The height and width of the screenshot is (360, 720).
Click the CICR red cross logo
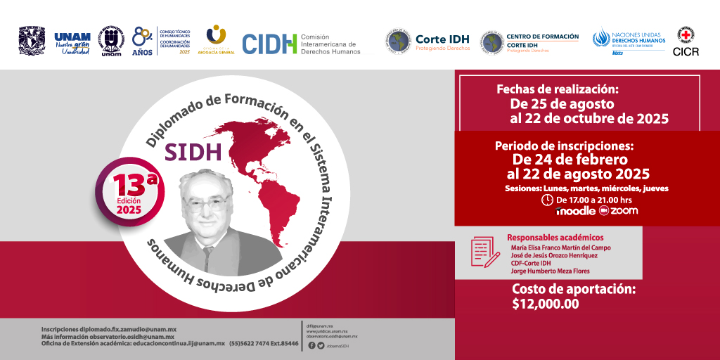click(x=686, y=37)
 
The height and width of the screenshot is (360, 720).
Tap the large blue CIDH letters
click(x=269, y=44)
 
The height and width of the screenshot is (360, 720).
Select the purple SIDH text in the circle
click(x=193, y=151)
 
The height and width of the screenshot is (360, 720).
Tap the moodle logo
click(x=574, y=211)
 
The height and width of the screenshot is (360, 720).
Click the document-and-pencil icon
click(x=485, y=252)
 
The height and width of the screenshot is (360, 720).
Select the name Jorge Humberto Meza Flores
click(x=551, y=271)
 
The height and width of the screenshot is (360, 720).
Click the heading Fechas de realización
click(x=557, y=89)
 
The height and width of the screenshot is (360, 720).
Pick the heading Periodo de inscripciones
click(x=564, y=146)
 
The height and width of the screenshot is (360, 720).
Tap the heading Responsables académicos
click(x=555, y=238)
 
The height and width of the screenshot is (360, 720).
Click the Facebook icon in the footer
click(x=312, y=345)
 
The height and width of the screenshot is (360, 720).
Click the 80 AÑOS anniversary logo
click(x=143, y=41)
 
